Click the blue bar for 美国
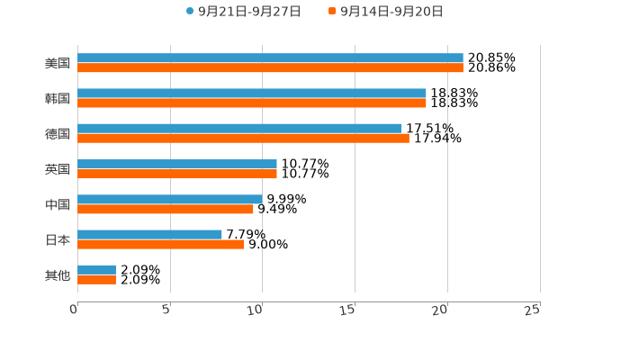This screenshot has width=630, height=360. pyautogui.click(x=270, y=58)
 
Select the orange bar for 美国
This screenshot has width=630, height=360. pyautogui.click(x=270, y=68)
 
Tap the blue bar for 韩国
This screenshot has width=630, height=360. pyautogui.click(x=252, y=94)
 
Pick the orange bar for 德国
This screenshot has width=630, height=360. pyautogui.click(x=243, y=139)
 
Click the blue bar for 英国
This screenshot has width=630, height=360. pyautogui.click(x=177, y=165)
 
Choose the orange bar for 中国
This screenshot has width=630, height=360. pyautogui.click(x=166, y=210)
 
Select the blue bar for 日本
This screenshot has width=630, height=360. pyautogui.click(x=149, y=235)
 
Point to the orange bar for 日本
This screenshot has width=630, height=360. pyautogui.click(x=161, y=245)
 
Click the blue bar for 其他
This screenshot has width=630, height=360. pyautogui.click(x=96, y=270)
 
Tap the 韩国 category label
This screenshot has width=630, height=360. pyautogui.click(x=58, y=99)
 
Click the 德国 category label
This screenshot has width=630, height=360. pyautogui.click(x=58, y=134)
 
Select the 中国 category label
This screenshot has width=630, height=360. pyautogui.click(x=58, y=205)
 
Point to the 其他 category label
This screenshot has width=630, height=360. pyautogui.click(x=58, y=275)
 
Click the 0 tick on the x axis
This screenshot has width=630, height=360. pyautogui.click(x=75, y=310)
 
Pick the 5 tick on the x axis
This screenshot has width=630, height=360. pyautogui.click(x=167, y=310)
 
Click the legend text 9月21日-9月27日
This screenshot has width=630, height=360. pyautogui.click(x=249, y=12)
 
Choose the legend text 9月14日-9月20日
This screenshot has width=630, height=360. pyautogui.click(x=391, y=12)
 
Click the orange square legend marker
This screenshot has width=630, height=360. pyautogui.click(x=332, y=12)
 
